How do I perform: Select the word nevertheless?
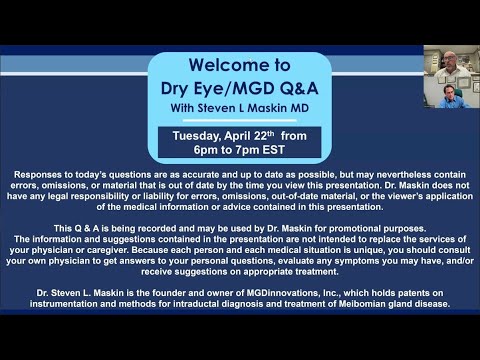(x=363, y=173)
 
